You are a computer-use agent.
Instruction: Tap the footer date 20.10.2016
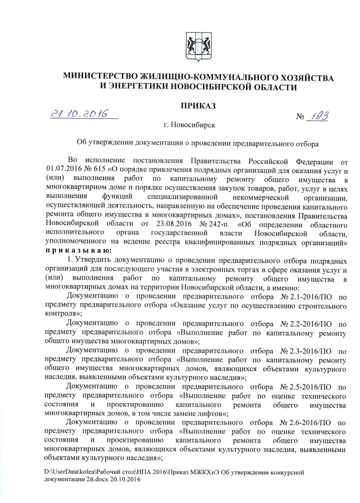[125, 480]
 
